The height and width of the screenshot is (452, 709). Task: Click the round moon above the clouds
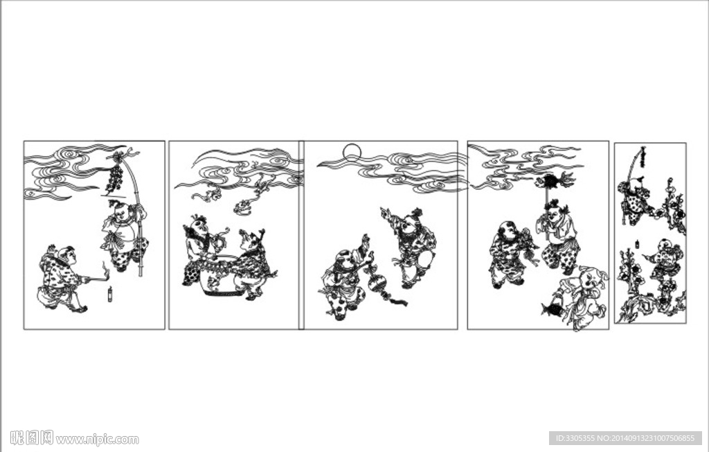(x=352, y=153)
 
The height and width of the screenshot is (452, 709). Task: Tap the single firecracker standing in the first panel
(x=109, y=294)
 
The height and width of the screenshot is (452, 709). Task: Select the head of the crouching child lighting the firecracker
(x=65, y=255)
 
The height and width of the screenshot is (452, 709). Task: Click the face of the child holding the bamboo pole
(x=120, y=211)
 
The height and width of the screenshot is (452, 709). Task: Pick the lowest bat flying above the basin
(x=243, y=207)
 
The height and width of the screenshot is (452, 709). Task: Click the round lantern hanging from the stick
(x=376, y=284)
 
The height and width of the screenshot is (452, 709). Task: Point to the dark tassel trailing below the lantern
(x=396, y=299)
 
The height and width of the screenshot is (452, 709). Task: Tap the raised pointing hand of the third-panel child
(x=386, y=212)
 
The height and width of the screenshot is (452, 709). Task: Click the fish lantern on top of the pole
(x=553, y=181)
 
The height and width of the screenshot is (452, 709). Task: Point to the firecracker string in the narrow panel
(x=642, y=156)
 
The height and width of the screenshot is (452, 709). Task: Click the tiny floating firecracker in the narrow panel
(x=637, y=244)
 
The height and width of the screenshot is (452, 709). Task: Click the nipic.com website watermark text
(x=97, y=439)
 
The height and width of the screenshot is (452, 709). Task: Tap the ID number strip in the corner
(x=625, y=438)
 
